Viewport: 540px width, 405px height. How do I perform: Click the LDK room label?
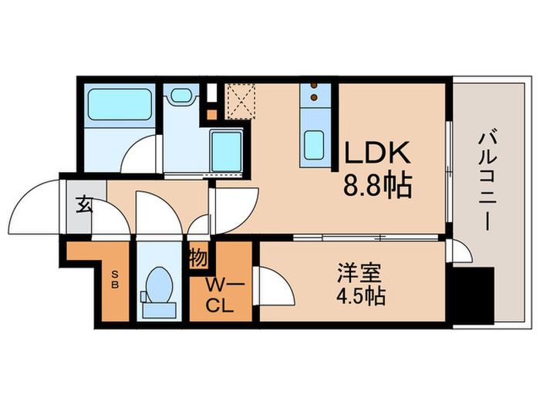click(378, 154)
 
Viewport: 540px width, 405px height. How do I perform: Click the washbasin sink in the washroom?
click(181, 96)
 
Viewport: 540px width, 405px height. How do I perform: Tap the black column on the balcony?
click(471, 296)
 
